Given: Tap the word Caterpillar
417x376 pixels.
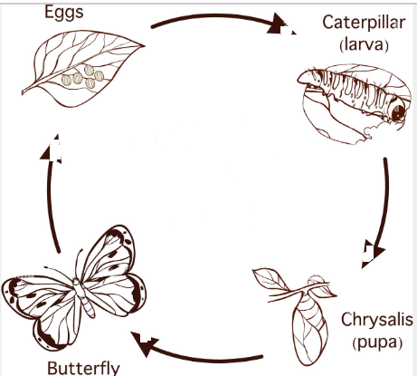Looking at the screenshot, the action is tap(364, 23).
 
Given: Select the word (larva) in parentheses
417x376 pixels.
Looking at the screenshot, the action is tap(364, 44).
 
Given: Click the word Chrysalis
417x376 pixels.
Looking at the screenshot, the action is tap(377, 320).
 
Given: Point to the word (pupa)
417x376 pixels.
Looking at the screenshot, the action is tap(377, 342).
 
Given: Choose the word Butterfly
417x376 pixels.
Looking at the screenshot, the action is tap(83, 368).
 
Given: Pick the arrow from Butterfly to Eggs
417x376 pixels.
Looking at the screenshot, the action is tap(49, 193).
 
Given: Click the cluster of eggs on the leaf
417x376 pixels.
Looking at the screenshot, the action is tap(83, 77).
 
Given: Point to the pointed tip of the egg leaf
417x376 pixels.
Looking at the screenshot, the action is tap(145, 46).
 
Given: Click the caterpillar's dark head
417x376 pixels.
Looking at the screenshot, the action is tap(398, 111).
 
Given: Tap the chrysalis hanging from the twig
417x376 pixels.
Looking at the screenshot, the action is tap(309, 326).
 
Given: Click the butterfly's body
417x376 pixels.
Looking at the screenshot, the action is tap(84, 297).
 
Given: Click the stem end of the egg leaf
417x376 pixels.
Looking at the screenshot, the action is tap(23, 92).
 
